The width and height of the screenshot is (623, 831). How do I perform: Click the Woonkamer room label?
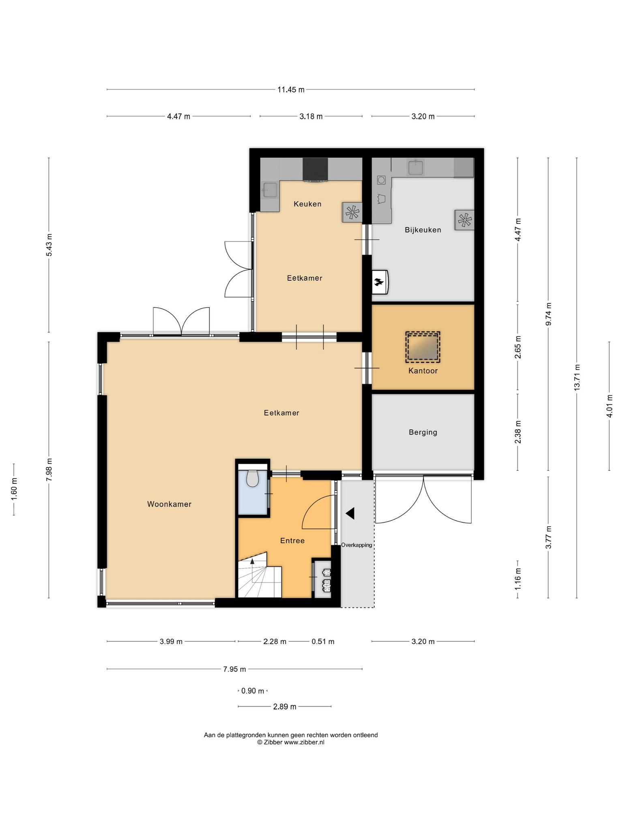coord(169,504)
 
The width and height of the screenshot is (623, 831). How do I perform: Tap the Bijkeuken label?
coord(423,230)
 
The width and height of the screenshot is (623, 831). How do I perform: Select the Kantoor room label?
coord(423,371)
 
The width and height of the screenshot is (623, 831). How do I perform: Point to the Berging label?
coord(423,433)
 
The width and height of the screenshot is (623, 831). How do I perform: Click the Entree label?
coord(292,541)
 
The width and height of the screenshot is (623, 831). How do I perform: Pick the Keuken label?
coord(307,204)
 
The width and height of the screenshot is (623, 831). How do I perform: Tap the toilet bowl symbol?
coord(252,478)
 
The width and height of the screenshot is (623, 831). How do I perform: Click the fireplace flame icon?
coord(378,282)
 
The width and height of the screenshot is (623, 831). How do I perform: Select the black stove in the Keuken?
coord(315,169)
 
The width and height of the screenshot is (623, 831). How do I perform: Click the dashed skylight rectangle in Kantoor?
coord(423,347)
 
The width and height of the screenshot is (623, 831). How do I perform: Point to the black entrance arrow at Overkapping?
coord(350,513)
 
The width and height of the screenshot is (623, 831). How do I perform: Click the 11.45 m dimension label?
coord(291,90)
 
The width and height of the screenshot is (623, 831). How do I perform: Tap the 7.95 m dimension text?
coord(234,669)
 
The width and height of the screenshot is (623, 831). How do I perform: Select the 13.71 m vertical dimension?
coord(577,377)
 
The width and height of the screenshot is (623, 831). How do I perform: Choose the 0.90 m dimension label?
coord(252,691)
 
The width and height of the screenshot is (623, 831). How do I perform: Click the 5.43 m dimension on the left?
coord(49,245)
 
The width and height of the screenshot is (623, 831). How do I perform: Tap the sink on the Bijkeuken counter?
coord(416,167)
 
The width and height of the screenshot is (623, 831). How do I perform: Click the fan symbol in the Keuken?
coord(352,212)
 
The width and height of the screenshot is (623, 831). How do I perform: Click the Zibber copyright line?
coord(291,743)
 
